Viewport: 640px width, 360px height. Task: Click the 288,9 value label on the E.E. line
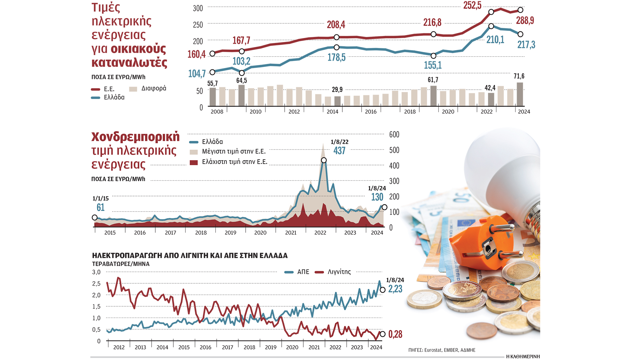click(525, 21)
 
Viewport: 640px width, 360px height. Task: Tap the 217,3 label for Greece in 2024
click(526, 45)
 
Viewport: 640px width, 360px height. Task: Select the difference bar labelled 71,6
click(520, 94)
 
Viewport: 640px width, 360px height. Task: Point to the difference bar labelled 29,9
click(337, 101)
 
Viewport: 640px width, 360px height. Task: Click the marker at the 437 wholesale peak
click(324, 160)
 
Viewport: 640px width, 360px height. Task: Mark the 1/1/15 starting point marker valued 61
click(95, 218)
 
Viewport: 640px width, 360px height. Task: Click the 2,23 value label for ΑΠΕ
click(395, 289)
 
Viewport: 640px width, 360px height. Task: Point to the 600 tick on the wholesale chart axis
click(394, 135)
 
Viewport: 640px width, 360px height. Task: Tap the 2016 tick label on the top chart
click(371, 112)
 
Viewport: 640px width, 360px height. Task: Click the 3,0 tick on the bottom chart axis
click(96, 272)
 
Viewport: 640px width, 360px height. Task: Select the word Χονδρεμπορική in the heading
click(135, 137)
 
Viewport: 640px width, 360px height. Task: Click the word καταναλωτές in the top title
click(129, 63)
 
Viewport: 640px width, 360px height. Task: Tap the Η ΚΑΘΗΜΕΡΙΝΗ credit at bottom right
click(523, 356)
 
